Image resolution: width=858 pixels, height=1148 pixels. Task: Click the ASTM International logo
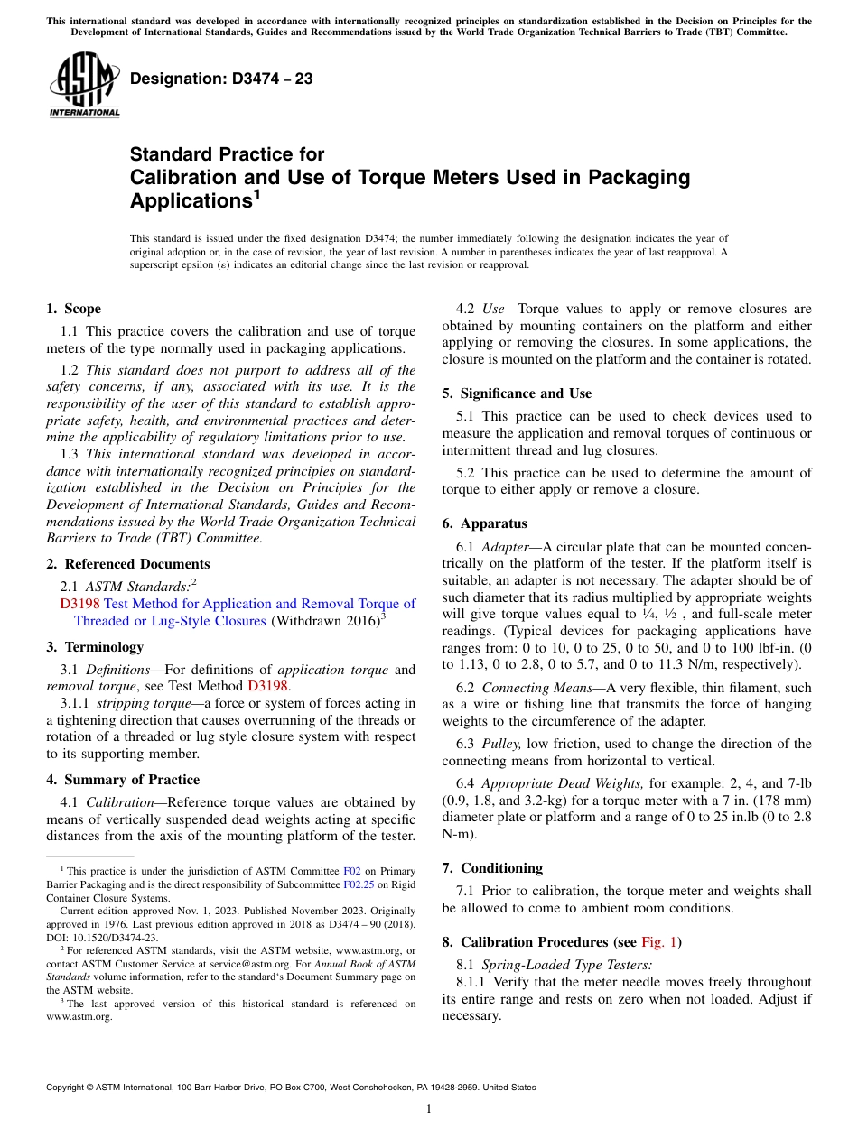point(84,85)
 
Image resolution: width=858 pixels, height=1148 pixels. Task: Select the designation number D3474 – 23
point(221,79)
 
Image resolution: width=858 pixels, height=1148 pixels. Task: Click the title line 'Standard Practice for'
point(227,154)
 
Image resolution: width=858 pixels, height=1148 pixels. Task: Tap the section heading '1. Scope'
point(73,309)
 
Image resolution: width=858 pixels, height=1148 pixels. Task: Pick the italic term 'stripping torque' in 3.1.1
point(135,703)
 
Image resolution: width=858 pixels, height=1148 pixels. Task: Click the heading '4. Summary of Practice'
point(123,780)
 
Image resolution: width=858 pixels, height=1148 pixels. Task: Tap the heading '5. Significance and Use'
point(517,393)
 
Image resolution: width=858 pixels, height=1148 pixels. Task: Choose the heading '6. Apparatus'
point(484,523)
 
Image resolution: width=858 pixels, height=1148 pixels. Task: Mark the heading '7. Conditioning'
point(492,868)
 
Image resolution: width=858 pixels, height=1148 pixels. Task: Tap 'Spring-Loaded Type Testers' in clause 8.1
point(565,965)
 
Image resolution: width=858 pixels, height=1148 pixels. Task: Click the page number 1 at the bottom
point(429,1109)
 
